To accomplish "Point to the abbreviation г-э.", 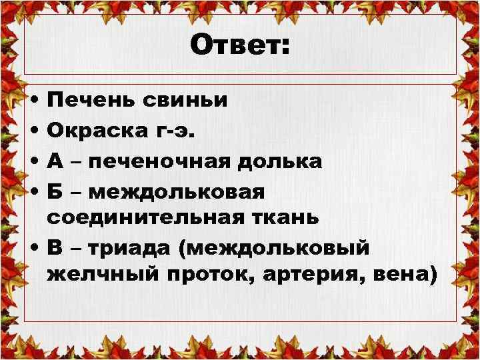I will click(175, 131).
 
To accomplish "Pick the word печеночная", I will click(170, 161).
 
